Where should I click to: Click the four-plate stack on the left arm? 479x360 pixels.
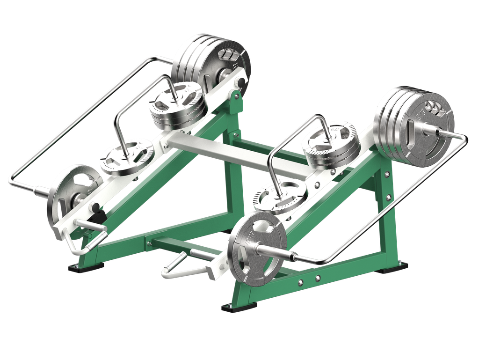click(x=210, y=59)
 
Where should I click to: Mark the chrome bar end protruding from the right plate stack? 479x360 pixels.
click(x=447, y=132)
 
